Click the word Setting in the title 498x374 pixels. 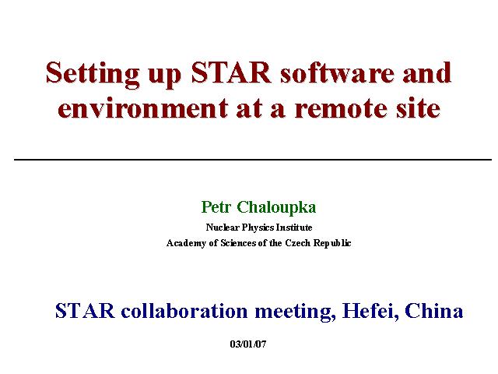(x=93, y=75)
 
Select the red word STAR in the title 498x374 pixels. (x=231, y=72)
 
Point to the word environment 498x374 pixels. (x=142, y=108)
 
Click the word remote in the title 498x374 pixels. (x=341, y=108)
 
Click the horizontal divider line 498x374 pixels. (x=253, y=159)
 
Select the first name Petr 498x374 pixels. (x=216, y=207)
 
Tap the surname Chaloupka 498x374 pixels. (x=276, y=208)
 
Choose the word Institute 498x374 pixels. (x=294, y=228)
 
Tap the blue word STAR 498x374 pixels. (x=85, y=311)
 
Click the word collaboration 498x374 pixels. (x=184, y=311)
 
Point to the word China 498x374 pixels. (x=434, y=311)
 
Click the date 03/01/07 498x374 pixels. (x=248, y=344)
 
